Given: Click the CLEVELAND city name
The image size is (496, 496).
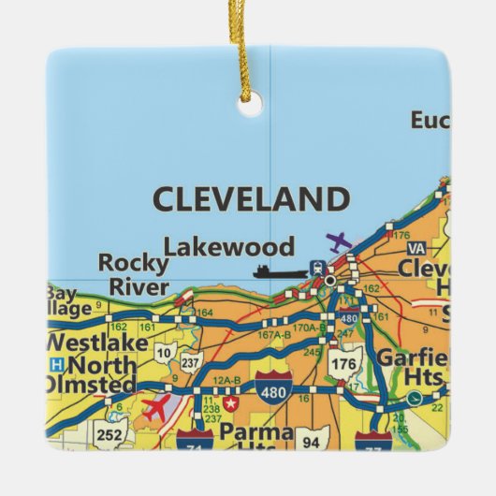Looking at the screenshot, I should tap(250, 199).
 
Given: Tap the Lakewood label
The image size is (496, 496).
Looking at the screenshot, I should tap(229, 247).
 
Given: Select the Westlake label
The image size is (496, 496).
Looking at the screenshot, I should tap(96, 343).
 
